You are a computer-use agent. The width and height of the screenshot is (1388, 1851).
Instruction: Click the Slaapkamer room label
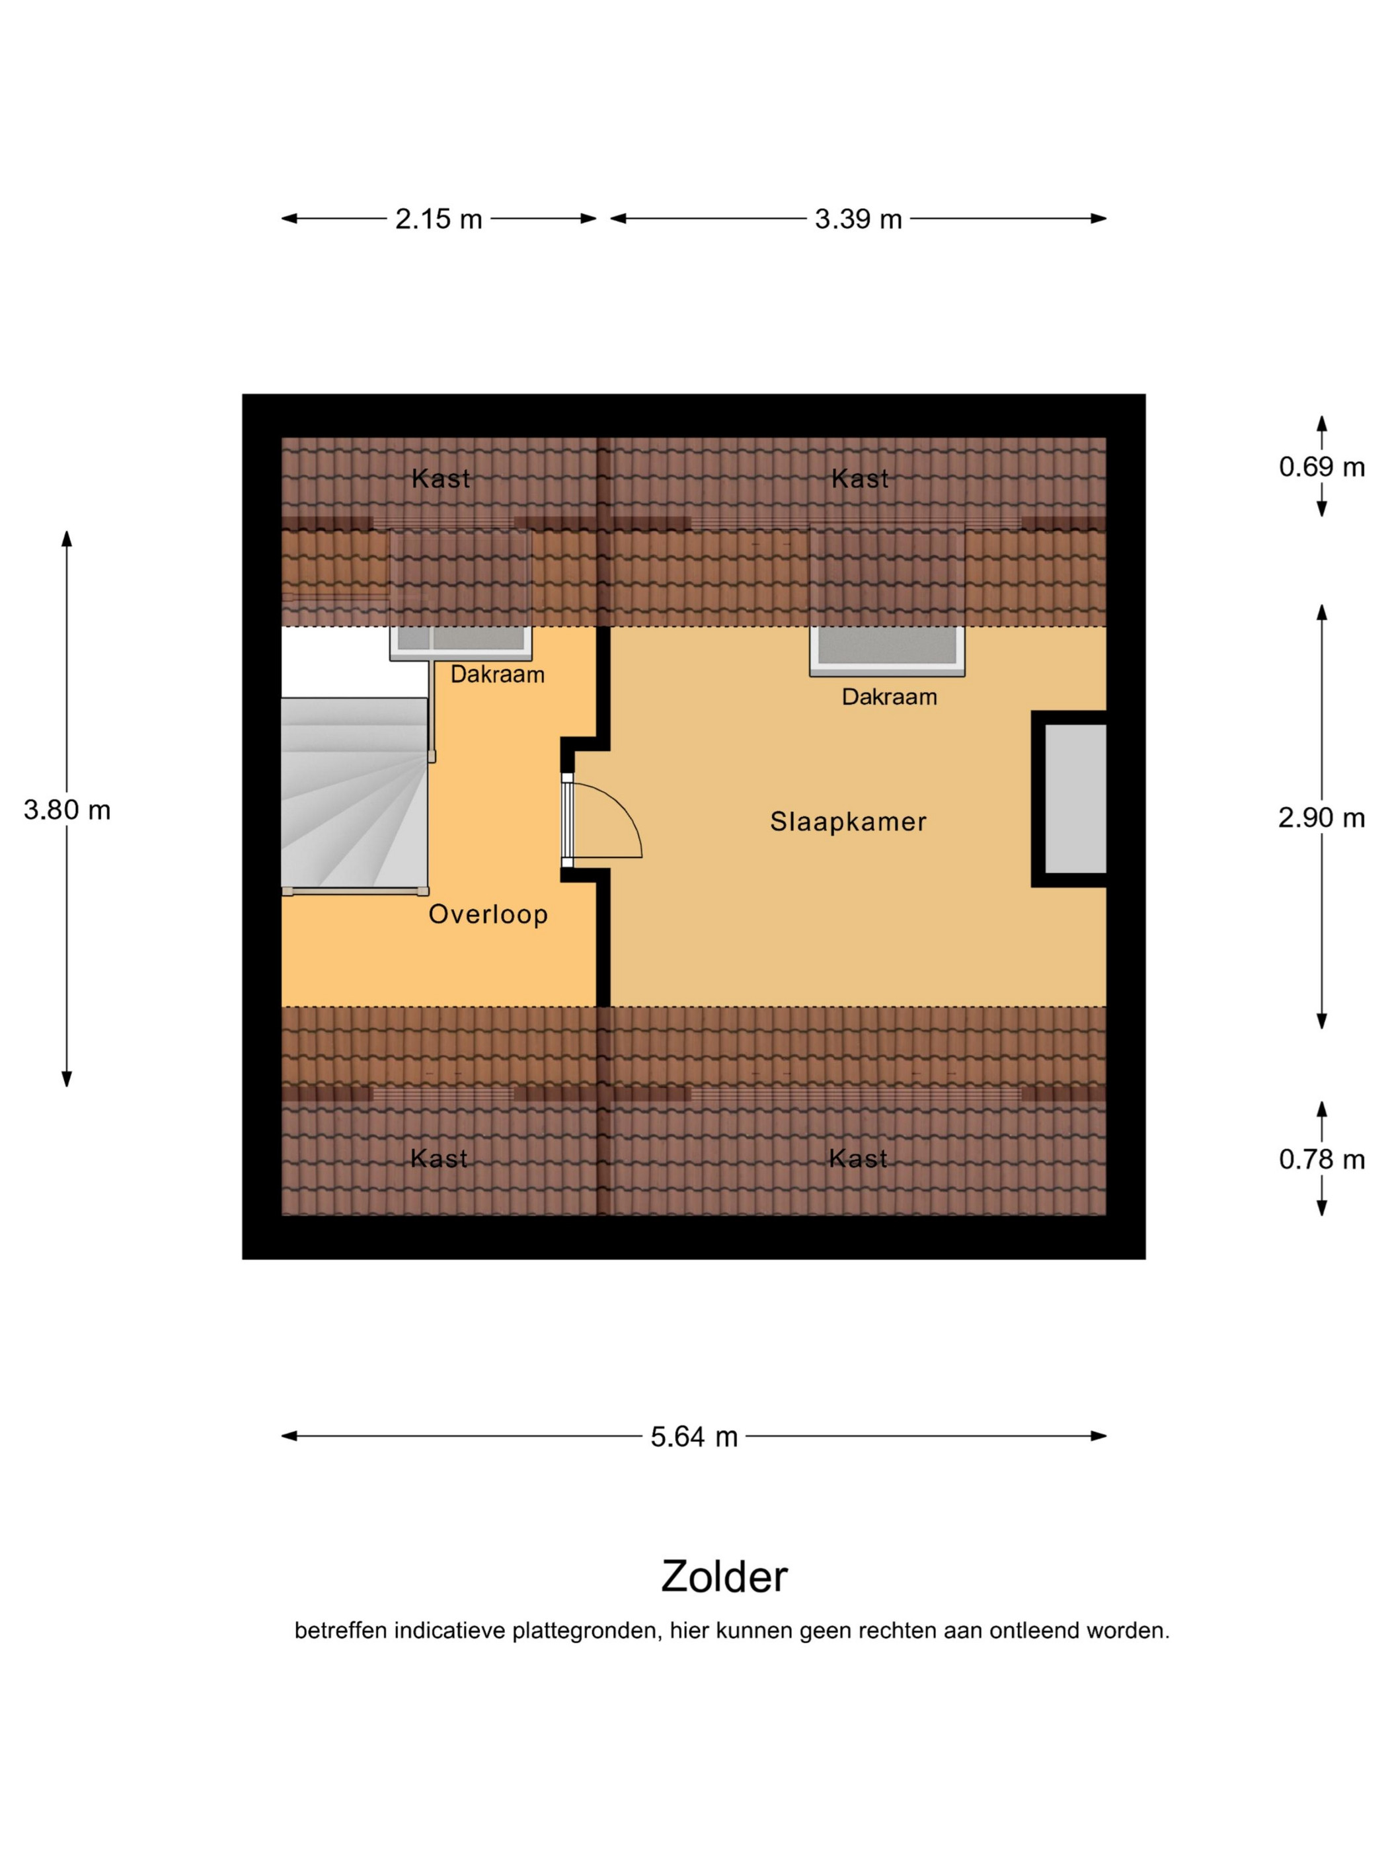[x=847, y=822]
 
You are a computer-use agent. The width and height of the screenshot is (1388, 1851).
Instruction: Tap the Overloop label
[x=488, y=914]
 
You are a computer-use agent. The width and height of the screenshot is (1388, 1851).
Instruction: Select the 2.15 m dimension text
[x=438, y=219]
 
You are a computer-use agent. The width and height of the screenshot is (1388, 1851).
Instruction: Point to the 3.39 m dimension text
[x=859, y=219]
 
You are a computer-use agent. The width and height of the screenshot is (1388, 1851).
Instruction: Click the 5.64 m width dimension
[x=693, y=1437]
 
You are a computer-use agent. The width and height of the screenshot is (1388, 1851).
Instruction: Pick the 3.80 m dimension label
[x=67, y=810]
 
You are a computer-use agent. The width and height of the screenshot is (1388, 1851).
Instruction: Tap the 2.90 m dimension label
[x=1322, y=818]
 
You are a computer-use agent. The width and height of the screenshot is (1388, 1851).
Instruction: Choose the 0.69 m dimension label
[x=1322, y=467]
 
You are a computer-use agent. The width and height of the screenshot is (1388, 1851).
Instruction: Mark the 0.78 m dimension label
[x=1322, y=1160]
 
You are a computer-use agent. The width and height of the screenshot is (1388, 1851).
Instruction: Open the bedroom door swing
[x=605, y=820]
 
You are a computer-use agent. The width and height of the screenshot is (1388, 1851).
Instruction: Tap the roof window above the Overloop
[x=461, y=643]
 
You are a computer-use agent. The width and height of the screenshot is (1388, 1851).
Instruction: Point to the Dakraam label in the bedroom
[x=890, y=697]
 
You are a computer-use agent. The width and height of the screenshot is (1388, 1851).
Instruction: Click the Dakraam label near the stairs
[x=498, y=674]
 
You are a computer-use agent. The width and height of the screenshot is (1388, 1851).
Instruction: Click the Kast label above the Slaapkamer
[x=860, y=479]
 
